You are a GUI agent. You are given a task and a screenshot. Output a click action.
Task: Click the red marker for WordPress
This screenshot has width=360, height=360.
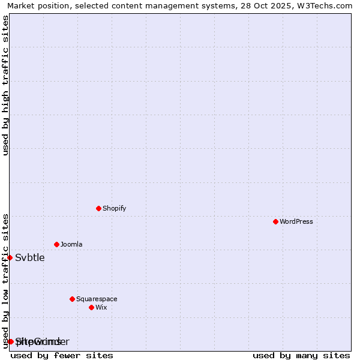pos(275,221)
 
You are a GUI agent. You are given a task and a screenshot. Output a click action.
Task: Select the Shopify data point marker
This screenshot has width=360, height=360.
pos(98,208)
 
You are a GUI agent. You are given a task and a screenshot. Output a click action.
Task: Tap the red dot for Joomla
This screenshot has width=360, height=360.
pos(56,244)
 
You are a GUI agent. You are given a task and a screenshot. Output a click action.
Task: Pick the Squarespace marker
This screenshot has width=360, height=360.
pos(72,299)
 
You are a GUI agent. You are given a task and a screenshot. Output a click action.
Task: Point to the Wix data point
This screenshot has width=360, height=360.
pos(91,307)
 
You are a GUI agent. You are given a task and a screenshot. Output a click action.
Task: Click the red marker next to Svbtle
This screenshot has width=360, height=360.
pos(10,257)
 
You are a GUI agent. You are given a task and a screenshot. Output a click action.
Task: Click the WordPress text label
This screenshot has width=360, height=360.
pos(296,222)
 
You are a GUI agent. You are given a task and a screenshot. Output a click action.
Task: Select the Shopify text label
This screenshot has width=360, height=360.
pos(114,209)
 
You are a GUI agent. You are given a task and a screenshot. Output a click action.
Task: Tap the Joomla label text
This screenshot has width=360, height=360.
pos(71,245)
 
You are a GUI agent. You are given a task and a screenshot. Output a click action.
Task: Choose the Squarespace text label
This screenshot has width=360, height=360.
pos(97,299)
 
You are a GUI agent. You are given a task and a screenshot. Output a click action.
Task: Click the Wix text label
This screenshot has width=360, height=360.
pos(101,308)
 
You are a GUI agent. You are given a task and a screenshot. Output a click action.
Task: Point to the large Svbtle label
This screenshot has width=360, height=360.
pos(30,258)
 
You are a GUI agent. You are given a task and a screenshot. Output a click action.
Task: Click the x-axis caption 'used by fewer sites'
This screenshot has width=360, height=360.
pos(62,355)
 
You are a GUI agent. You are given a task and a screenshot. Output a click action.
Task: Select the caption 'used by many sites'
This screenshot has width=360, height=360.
pos(301,355)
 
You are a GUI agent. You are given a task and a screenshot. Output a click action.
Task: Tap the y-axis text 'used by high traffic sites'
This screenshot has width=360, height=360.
pos(5,85)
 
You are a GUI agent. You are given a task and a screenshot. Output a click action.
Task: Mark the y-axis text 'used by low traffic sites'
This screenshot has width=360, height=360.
pos(5,281)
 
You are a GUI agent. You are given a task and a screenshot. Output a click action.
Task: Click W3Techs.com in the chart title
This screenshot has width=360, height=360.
pos(325,5)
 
